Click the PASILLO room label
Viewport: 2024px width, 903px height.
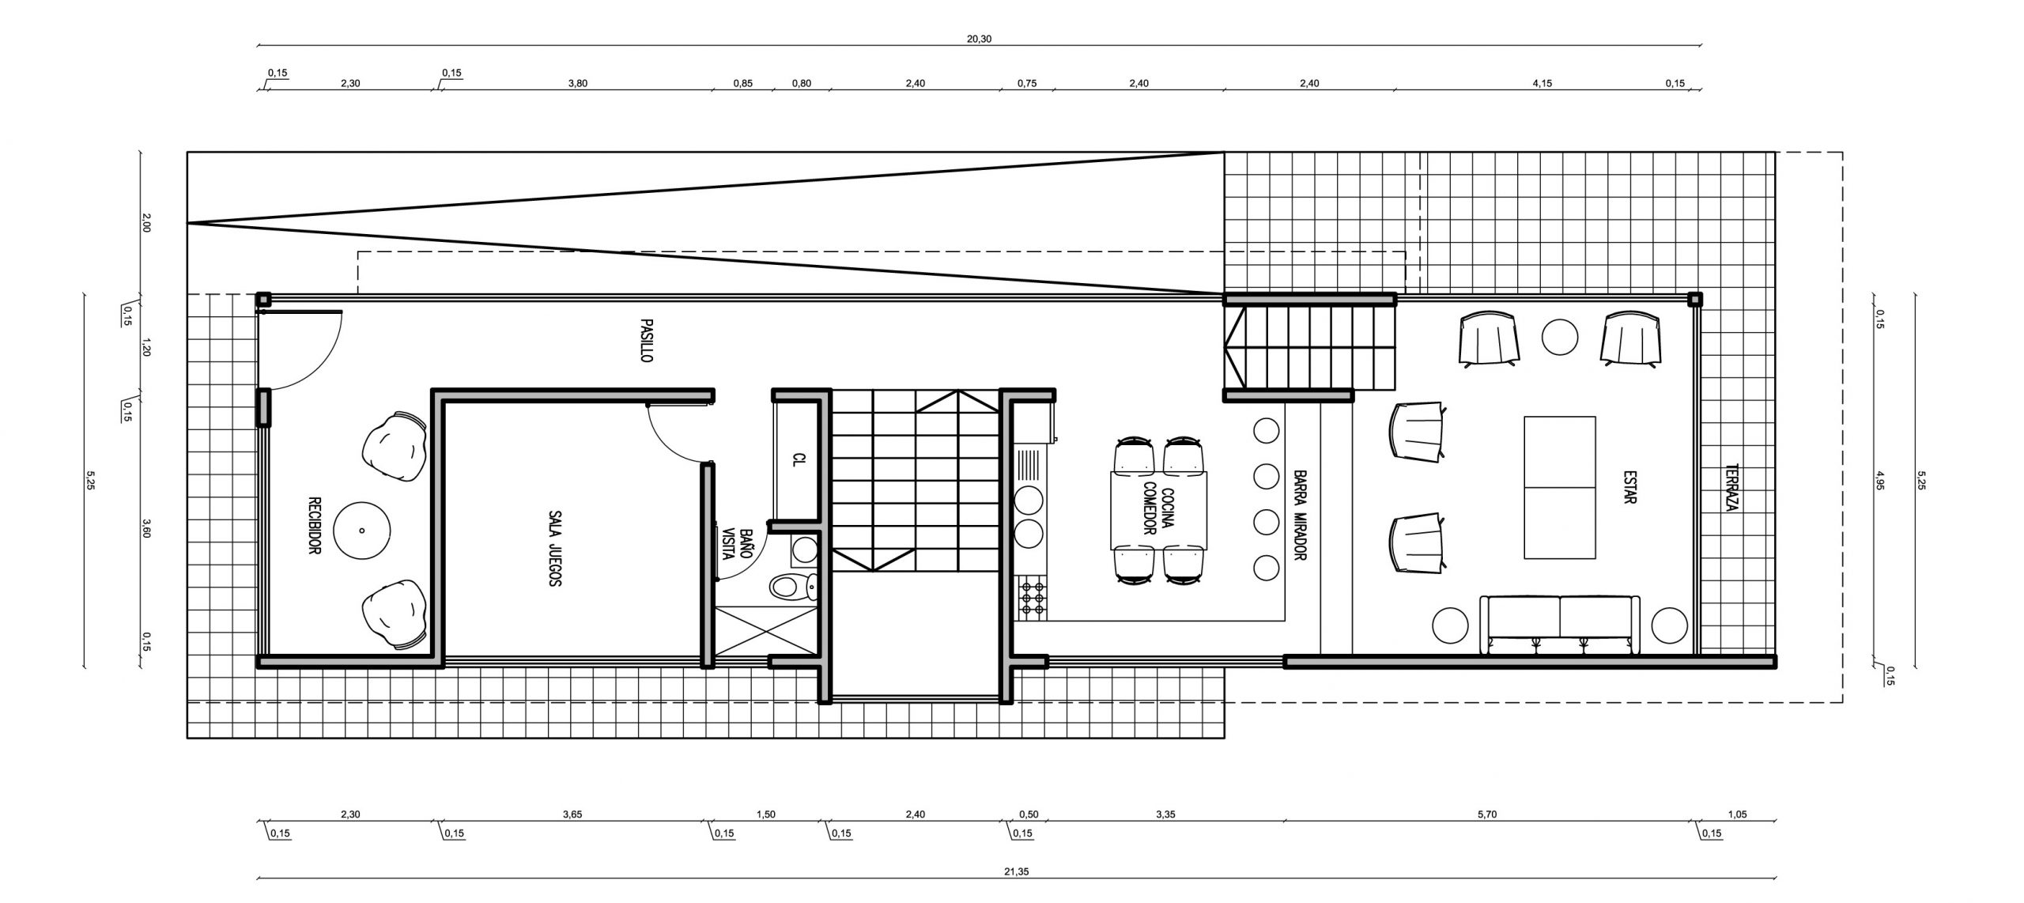point(646,341)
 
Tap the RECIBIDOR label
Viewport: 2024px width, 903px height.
point(314,526)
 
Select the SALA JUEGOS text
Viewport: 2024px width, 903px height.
point(553,547)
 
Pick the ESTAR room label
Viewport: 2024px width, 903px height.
point(1629,488)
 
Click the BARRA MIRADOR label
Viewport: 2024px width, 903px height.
point(1298,516)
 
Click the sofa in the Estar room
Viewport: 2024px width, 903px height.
point(1559,625)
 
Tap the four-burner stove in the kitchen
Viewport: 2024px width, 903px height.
point(1031,598)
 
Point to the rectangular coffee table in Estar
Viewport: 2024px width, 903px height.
point(1559,488)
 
